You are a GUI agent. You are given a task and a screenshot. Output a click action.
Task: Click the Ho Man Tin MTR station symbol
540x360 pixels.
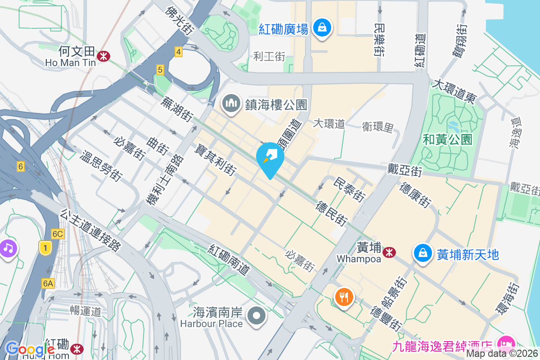(104, 56)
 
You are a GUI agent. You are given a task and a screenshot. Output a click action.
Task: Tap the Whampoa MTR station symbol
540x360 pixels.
(389, 252)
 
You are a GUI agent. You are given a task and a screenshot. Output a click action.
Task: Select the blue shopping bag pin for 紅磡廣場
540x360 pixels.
(322, 27)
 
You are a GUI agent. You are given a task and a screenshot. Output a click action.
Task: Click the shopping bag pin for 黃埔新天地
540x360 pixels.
(423, 253)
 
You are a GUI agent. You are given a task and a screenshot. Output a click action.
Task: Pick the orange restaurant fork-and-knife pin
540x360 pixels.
(344, 297)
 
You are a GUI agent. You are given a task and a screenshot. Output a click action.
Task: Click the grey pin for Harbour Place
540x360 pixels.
(257, 315)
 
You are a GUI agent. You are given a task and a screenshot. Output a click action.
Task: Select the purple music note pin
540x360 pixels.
(8, 247)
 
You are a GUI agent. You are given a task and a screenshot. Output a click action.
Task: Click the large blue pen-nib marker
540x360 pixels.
(270, 158)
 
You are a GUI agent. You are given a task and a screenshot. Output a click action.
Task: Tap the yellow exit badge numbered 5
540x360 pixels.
(160, 70)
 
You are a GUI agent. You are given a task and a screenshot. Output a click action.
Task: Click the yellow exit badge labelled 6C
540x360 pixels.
(58, 234)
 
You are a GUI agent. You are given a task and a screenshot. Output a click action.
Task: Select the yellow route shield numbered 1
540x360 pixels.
(45, 247)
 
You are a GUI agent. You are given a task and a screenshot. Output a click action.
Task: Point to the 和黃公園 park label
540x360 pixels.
(447, 139)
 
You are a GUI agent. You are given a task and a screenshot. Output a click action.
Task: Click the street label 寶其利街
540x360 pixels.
(216, 159)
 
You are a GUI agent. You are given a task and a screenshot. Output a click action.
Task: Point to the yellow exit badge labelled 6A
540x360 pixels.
(48, 283)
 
